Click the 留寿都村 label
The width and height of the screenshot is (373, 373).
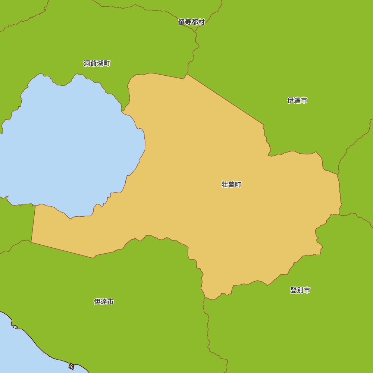tap(192, 22)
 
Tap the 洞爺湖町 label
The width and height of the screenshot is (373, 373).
tap(97, 63)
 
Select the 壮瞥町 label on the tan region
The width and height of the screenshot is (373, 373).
tap(232, 185)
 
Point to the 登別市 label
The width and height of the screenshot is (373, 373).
tap(300, 290)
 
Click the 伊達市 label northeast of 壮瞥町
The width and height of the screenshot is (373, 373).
tap(297, 100)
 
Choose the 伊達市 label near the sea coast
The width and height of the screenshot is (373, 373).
tap(104, 302)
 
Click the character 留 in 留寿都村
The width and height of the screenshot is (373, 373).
tap(182, 22)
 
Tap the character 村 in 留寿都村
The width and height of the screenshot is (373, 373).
tap(202, 22)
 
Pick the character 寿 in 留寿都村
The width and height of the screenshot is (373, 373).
tap(188, 22)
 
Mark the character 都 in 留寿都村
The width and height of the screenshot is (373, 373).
tap(195, 22)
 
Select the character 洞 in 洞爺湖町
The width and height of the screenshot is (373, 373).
tap(87, 63)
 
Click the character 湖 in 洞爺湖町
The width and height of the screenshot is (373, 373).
tap(100, 63)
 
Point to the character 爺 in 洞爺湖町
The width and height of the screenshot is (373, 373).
tap(94, 63)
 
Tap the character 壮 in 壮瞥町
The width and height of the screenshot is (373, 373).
tap(225, 185)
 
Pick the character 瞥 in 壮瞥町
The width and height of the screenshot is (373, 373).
tap(232, 185)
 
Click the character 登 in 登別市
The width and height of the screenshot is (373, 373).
tap(294, 290)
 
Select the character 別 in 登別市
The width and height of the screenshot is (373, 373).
tap(300, 290)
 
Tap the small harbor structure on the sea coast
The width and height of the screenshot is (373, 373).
tap(71, 366)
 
